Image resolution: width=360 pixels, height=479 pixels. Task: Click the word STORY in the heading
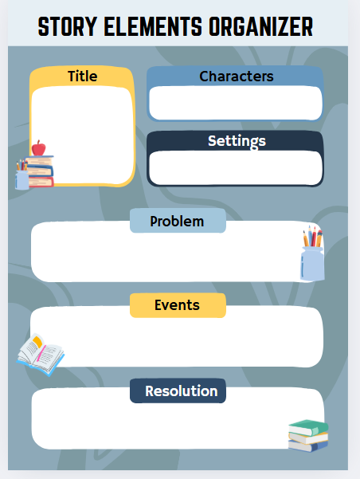(x=68, y=26)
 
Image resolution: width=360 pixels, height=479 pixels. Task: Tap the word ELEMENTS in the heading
(x=153, y=26)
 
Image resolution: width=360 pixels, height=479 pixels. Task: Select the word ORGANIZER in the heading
(x=261, y=26)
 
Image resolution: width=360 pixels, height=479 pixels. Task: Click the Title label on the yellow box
(x=83, y=76)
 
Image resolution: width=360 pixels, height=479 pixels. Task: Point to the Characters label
(x=237, y=77)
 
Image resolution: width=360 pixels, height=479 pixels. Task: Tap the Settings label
(x=237, y=141)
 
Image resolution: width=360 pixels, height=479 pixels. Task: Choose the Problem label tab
(x=178, y=221)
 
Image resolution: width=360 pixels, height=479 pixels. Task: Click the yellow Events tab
(x=178, y=305)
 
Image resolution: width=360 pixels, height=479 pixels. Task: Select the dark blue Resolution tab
(x=178, y=391)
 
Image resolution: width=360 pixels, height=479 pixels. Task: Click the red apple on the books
(x=38, y=148)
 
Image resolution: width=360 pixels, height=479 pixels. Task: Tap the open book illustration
(x=41, y=355)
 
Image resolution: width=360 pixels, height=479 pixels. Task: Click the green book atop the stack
(x=308, y=427)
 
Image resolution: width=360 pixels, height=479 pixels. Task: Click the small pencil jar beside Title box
(x=22, y=175)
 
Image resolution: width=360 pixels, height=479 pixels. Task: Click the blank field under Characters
(x=236, y=103)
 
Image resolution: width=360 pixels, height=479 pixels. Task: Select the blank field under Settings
(x=236, y=167)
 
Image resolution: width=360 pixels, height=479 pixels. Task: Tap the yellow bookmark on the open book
(x=37, y=341)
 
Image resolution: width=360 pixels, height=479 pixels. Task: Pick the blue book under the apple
(x=40, y=171)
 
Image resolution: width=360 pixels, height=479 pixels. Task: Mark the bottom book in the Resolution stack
(x=307, y=446)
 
